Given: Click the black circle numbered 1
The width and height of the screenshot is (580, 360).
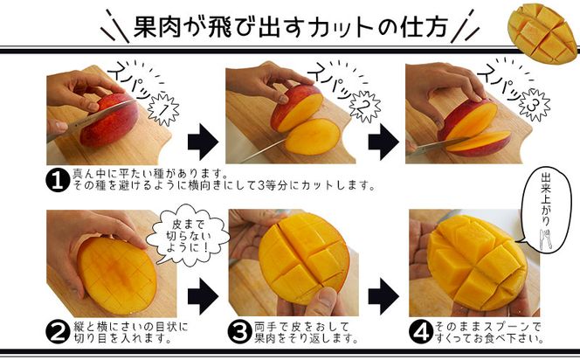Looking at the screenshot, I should click(x=57, y=179).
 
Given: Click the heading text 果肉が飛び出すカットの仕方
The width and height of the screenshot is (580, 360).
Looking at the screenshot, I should click(x=291, y=25).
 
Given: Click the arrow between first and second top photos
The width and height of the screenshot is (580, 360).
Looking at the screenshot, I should click(x=203, y=140).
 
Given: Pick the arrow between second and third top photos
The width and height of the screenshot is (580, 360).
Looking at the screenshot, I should click(x=383, y=140).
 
